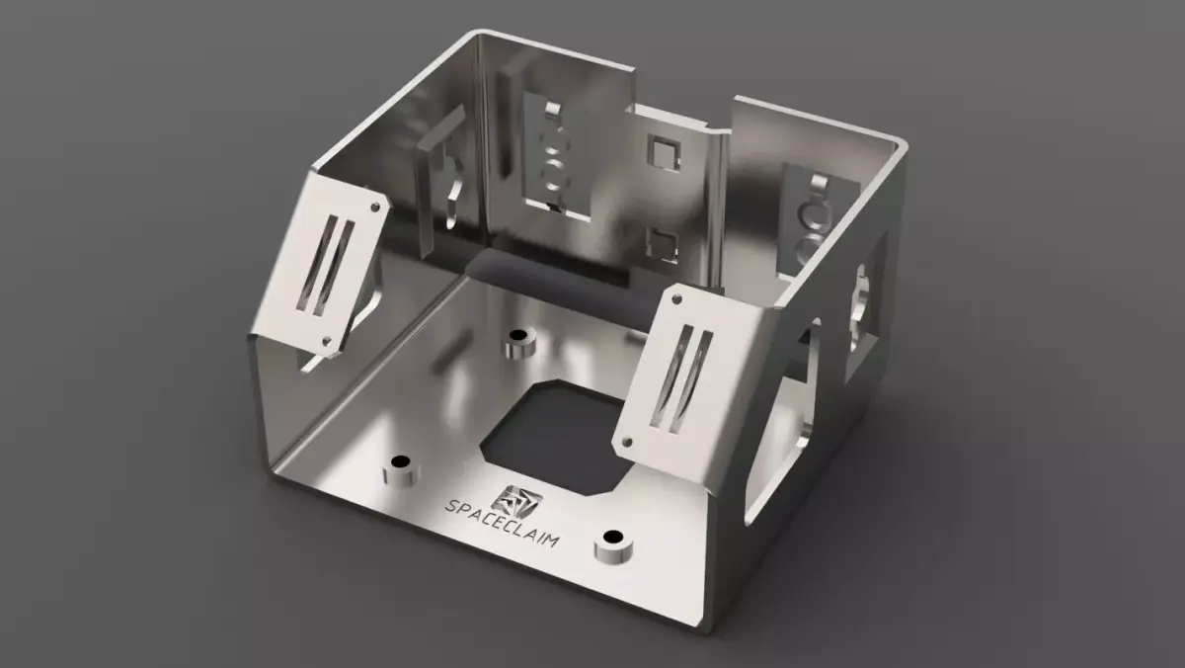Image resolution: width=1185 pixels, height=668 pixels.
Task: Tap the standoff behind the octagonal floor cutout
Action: pos(516,345)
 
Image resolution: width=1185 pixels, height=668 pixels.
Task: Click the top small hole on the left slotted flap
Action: pos(376,206)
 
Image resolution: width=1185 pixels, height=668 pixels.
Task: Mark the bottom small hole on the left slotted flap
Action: pos(328,342)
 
